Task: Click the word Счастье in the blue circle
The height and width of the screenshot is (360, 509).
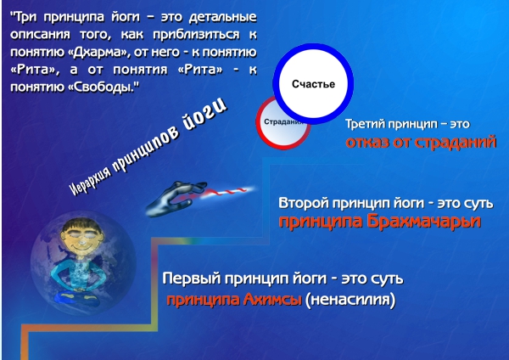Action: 313,84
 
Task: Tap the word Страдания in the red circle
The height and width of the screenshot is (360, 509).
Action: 283,122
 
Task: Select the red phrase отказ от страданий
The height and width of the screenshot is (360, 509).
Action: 421,142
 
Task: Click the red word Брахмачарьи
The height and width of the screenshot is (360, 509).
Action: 424,222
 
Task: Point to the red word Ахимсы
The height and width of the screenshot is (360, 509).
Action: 272,299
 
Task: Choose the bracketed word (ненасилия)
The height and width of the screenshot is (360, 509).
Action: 350,300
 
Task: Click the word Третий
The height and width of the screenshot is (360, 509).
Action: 365,124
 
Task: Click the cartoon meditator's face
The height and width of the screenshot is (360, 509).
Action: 81,239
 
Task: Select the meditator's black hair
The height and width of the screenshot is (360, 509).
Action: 82,225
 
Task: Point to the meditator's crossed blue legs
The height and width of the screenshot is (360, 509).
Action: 77,298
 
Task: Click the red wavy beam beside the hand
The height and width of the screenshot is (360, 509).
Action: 224,192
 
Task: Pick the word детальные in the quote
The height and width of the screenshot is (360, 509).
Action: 222,17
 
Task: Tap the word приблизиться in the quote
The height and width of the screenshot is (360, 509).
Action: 196,34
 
